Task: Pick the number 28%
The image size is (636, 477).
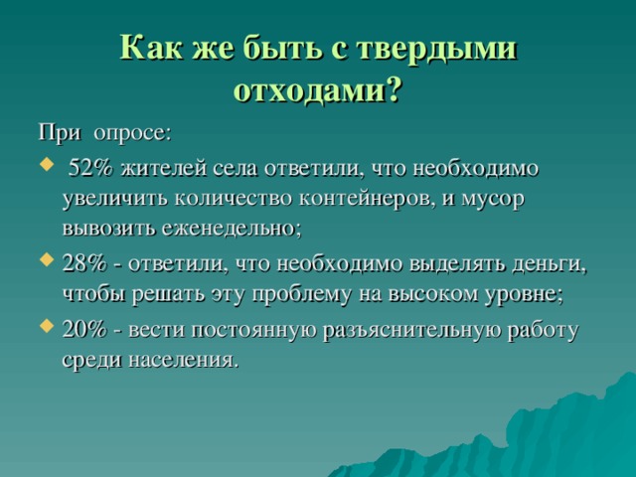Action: (82, 264)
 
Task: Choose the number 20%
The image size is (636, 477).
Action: (82, 329)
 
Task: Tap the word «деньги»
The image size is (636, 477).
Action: (553, 264)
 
